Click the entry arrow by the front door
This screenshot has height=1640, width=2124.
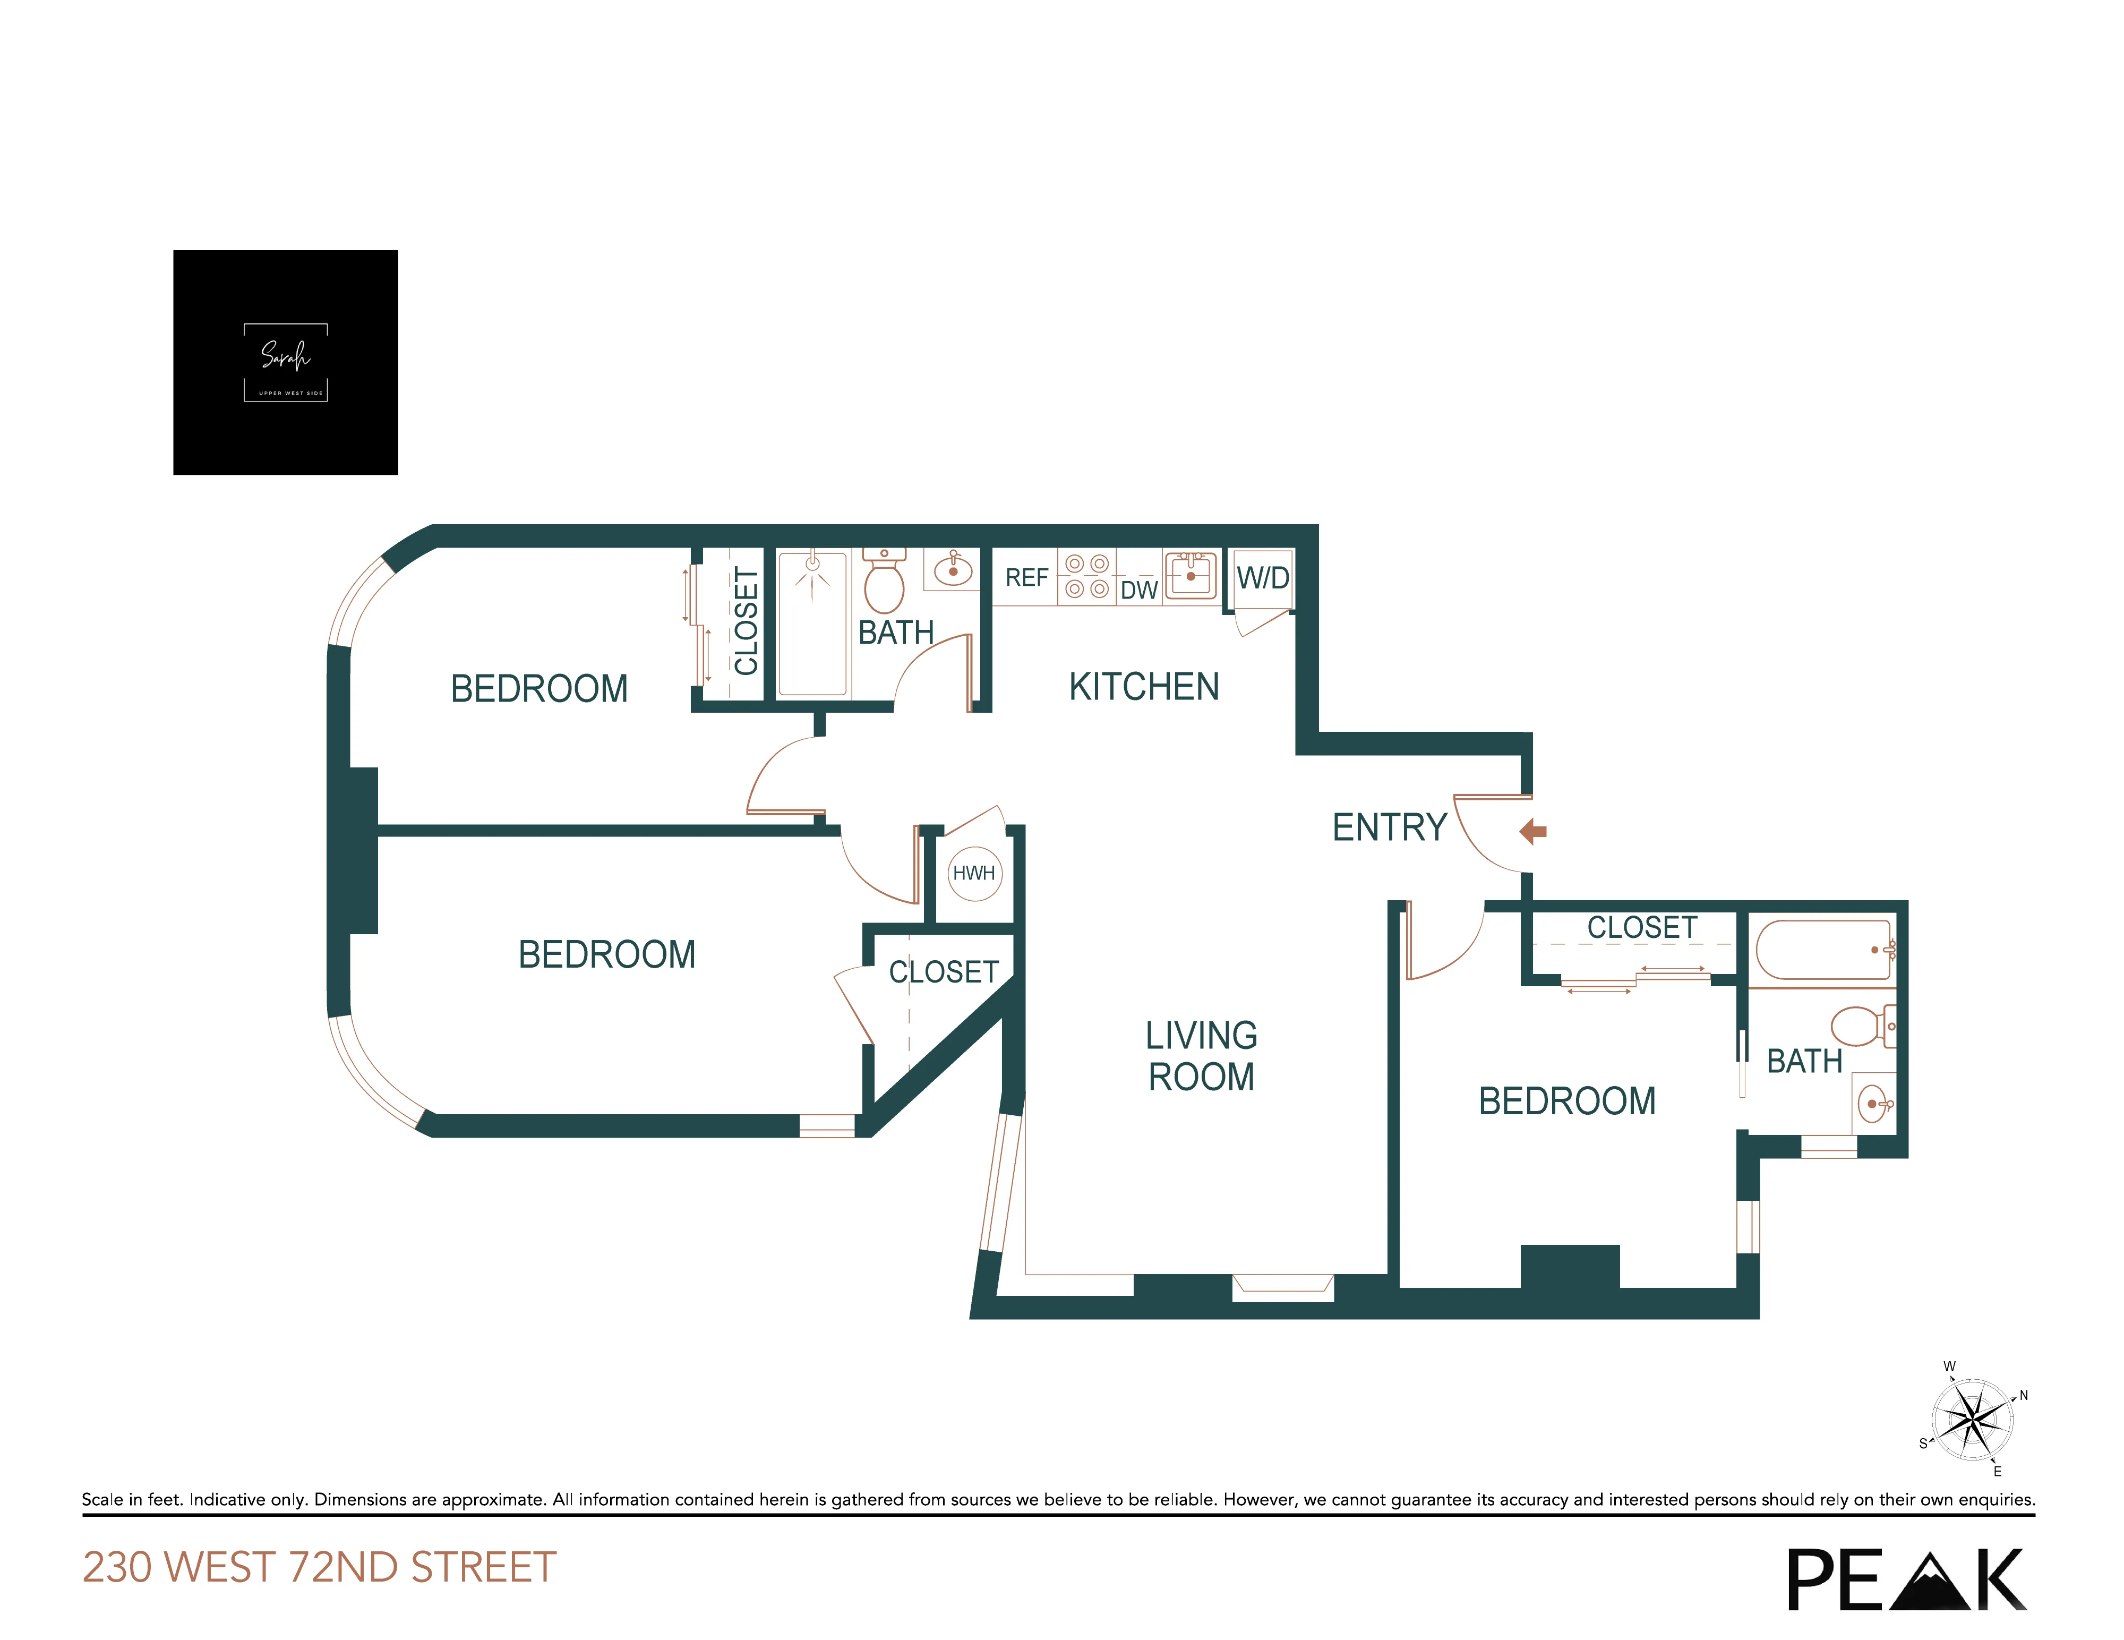pos(1534,831)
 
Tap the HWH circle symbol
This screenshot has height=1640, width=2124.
pos(974,873)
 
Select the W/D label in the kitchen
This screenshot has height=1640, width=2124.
pos(1262,578)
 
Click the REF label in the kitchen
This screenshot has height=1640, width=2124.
pos(1026,578)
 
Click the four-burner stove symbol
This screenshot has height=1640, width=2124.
pos(1086,576)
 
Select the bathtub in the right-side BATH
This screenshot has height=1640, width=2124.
pos(1823,950)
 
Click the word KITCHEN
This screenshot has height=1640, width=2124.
pos(1144,687)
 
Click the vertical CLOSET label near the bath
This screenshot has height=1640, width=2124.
pos(746,621)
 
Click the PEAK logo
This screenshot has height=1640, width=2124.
pos(1906,1579)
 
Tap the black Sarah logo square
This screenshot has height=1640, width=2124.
pos(285,362)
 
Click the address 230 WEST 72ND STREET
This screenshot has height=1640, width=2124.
pos(319,1567)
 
